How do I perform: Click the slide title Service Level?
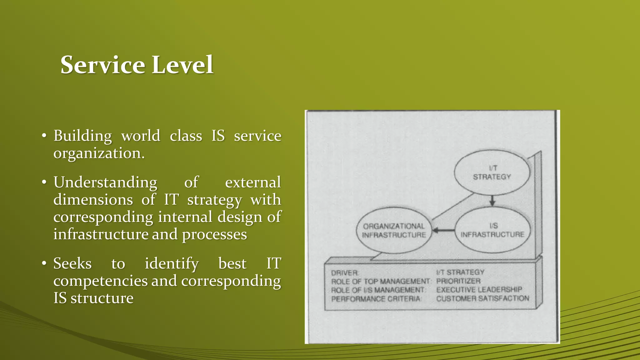pos(137,65)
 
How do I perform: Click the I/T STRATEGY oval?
pos(492,172)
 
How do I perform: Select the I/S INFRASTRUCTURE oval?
pos(492,230)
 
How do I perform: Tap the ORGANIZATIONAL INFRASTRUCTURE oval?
pos(394,231)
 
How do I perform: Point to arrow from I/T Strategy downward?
pos(492,200)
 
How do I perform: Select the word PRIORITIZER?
pos(458,281)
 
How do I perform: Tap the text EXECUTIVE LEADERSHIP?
pos(479,290)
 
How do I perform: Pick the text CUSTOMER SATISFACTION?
pos(482,298)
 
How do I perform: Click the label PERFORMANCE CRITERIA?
pos(376,299)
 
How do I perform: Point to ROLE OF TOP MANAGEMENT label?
pos(380,282)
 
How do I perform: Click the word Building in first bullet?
pos(82,136)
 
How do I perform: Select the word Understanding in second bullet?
pos(105,182)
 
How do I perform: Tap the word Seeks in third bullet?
pos(72,263)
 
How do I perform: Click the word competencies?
pos(100,281)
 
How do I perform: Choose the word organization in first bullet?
pos(99,153)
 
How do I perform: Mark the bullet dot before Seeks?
pos(44,263)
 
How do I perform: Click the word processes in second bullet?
pos(214,234)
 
